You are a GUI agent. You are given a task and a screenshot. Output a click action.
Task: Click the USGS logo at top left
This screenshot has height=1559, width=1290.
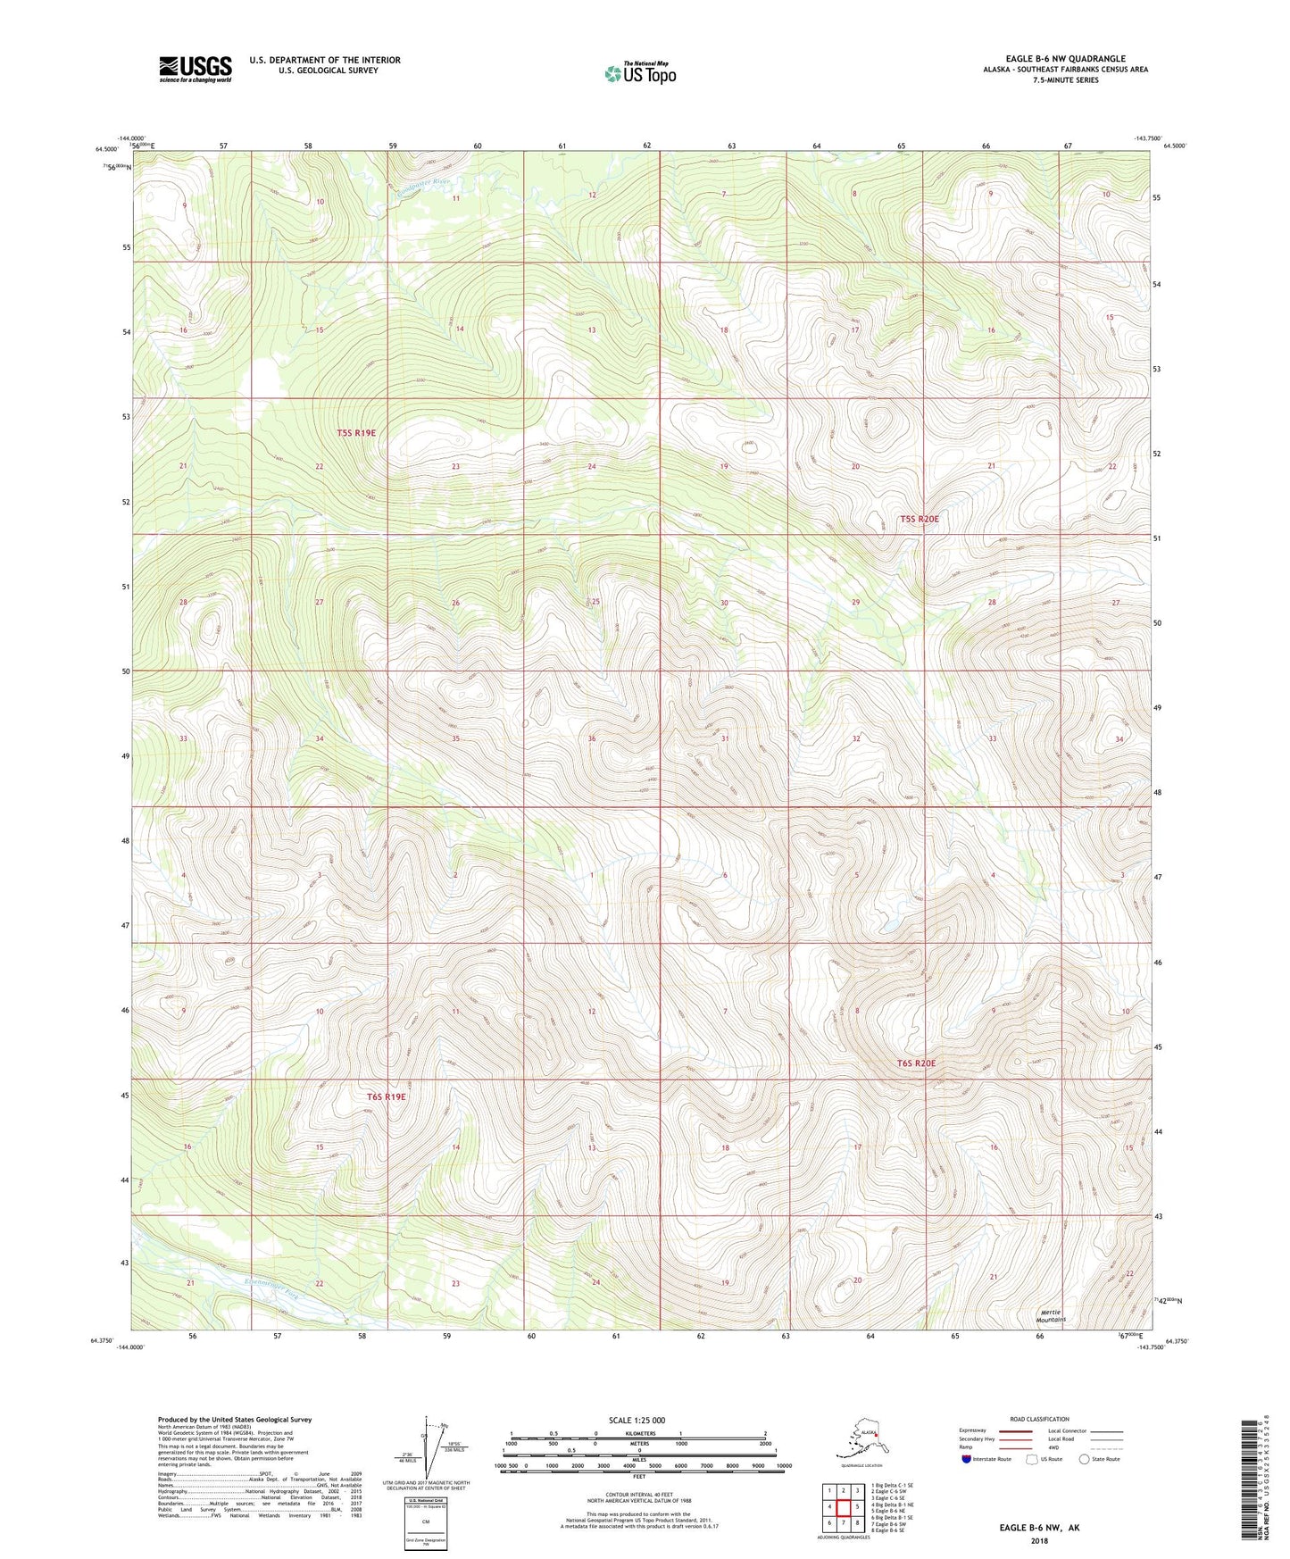[196, 69]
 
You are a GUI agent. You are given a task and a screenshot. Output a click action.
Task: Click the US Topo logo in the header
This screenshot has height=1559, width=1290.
[639, 73]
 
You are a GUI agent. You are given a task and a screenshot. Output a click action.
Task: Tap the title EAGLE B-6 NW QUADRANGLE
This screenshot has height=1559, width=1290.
[1065, 59]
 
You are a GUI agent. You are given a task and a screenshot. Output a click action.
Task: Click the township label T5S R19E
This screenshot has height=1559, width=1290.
[356, 433]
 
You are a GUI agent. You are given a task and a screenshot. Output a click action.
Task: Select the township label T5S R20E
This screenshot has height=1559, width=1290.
[919, 519]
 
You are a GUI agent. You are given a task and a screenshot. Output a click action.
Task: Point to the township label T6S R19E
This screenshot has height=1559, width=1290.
[387, 1096]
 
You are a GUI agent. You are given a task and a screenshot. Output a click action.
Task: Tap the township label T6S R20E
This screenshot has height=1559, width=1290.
[916, 1063]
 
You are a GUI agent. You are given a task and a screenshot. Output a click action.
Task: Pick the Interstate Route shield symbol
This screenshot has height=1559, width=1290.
[967, 1459]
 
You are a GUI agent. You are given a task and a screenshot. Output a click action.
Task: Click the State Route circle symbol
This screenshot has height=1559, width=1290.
[1084, 1459]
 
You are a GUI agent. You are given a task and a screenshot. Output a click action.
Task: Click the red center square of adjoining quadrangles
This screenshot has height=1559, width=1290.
[843, 1507]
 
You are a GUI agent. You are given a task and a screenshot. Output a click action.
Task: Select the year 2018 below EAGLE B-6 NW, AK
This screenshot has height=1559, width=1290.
[1039, 1540]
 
